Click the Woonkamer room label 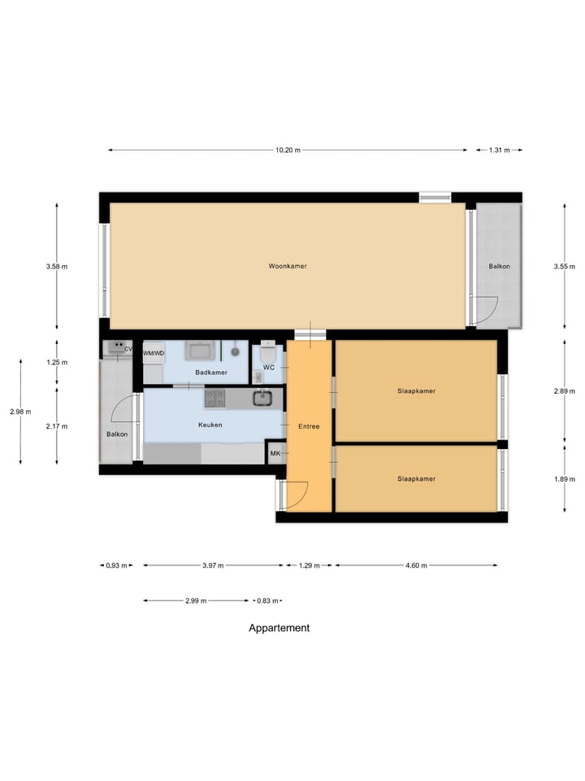pos(288,266)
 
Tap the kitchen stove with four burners pos(214,398)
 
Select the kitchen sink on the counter pos(262,398)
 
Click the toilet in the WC pos(268,356)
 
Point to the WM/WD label pos(154,354)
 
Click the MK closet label pos(275,453)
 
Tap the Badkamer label pos(211,373)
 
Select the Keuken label pos(210,425)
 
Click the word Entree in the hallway pos(309,425)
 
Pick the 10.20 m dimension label pos(288,150)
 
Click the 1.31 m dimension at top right pos(499,150)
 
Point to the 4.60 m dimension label pos(416,565)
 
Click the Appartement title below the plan pos(279,628)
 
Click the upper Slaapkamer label pos(416,391)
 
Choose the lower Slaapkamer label pos(416,479)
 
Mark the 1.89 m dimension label pos(565,479)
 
